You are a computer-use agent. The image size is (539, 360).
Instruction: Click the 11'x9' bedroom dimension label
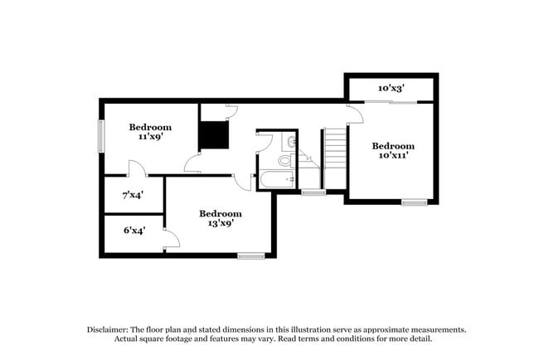(150, 138)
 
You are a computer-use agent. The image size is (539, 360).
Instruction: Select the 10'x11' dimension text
(393, 156)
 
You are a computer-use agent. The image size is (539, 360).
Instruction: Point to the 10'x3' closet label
(392, 88)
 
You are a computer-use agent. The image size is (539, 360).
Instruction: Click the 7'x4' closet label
(134, 196)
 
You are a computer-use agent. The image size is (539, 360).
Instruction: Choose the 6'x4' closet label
(134, 231)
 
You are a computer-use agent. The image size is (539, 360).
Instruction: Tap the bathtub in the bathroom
(276, 180)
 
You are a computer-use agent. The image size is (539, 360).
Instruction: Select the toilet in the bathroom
(285, 160)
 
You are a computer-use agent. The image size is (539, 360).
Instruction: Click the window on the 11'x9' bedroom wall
(101, 136)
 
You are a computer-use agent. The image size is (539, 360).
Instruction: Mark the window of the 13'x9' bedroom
(250, 256)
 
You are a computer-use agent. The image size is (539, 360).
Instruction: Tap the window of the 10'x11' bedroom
(414, 202)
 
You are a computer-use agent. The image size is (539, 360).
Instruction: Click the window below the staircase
(313, 193)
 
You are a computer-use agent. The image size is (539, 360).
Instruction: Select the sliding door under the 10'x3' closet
(391, 102)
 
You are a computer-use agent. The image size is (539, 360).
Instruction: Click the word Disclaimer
(111, 329)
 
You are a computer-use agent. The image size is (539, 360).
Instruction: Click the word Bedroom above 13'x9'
(221, 213)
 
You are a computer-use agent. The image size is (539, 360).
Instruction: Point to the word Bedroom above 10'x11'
(393, 146)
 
